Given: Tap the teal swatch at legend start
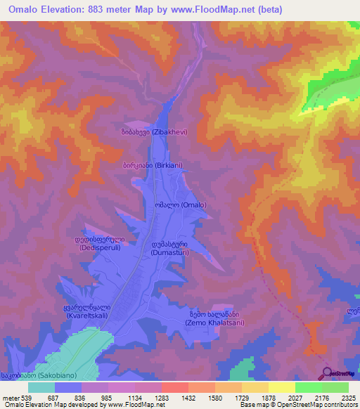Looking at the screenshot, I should click(41, 387).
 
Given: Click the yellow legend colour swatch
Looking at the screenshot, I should click(281, 387).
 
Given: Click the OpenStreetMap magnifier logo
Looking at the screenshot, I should click(328, 373).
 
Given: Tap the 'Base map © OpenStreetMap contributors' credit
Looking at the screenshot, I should click(297, 405).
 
